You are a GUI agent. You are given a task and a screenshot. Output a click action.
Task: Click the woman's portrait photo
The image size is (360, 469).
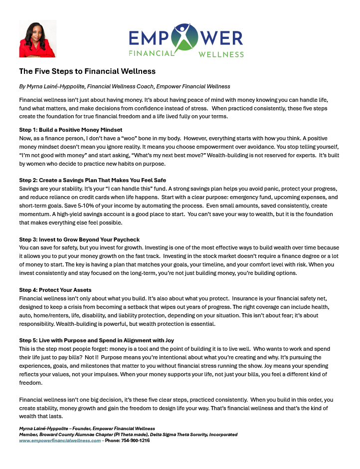(x=37, y=38)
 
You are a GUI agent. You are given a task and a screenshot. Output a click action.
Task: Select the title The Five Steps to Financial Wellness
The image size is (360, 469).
(x=87, y=71)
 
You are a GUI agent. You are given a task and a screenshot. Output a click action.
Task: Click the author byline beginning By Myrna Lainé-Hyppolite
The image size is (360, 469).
(x=125, y=86)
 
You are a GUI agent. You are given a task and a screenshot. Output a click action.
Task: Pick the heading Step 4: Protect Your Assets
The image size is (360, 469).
(x=55, y=290)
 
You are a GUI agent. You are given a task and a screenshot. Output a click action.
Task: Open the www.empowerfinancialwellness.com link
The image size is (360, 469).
(x=60, y=441)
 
